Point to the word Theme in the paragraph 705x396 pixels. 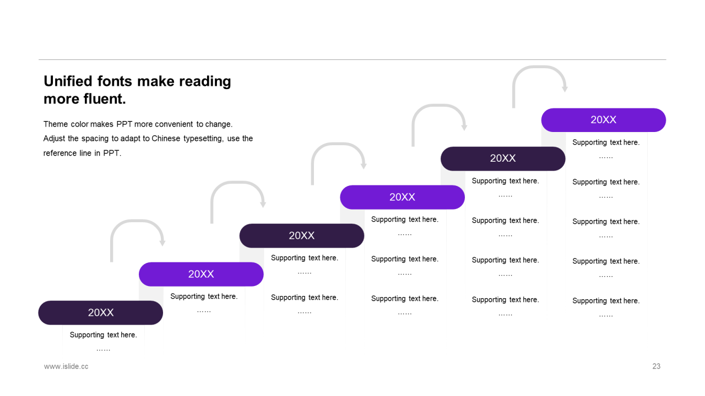(56, 124)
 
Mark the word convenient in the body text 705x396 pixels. (173, 124)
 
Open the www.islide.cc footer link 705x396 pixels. (66, 366)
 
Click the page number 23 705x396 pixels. (656, 366)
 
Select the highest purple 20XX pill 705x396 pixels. (603, 120)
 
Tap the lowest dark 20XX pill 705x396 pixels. (101, 312)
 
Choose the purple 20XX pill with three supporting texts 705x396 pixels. (402, 197)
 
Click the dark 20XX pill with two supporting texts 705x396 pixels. (302, 235)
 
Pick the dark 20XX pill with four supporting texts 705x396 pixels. (503, 158)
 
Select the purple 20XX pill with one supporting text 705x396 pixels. (201, 274)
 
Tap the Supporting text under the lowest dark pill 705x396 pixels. (103, 335)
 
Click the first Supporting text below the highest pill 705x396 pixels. (606, 142)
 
